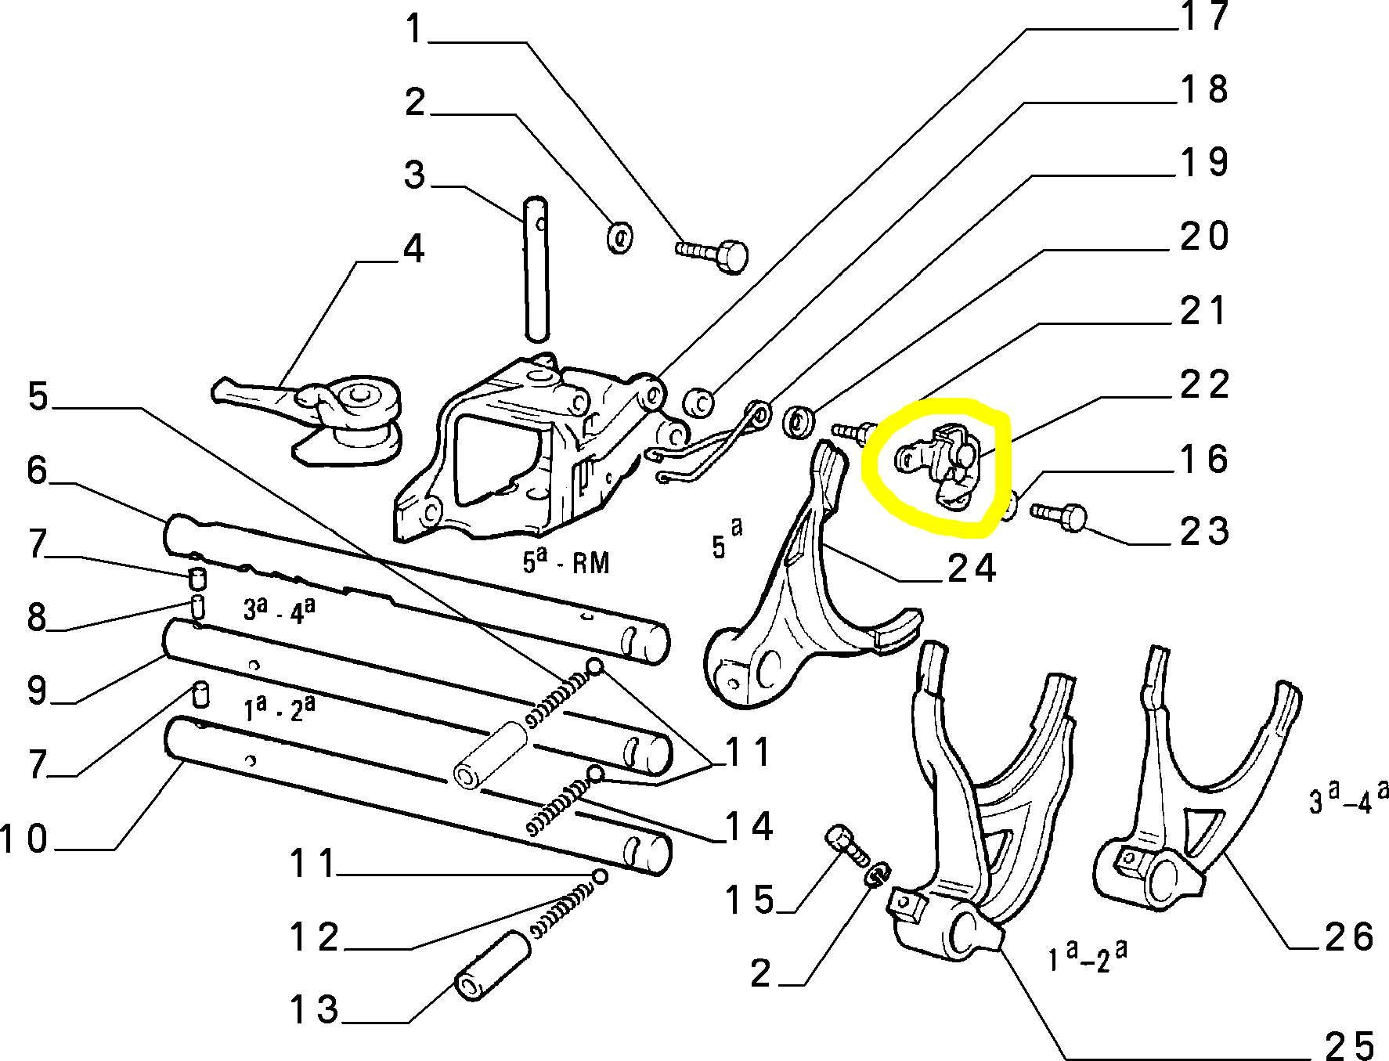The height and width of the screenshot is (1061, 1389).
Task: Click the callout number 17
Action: coord(1204,17)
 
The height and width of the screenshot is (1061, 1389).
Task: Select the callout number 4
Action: coord(413,249)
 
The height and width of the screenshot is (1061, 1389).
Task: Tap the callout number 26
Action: coord(1349,937)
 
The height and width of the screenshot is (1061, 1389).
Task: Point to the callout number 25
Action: coord(1349,1045)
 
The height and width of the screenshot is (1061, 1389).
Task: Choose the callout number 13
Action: coord(314,1010)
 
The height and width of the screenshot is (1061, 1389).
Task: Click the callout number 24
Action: coord(972,568)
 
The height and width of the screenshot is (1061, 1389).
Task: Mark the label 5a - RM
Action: coord(565,561)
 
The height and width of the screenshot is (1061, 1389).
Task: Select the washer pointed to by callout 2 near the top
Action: coord(620,237)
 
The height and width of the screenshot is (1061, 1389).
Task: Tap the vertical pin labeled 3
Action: coord(536,269)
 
